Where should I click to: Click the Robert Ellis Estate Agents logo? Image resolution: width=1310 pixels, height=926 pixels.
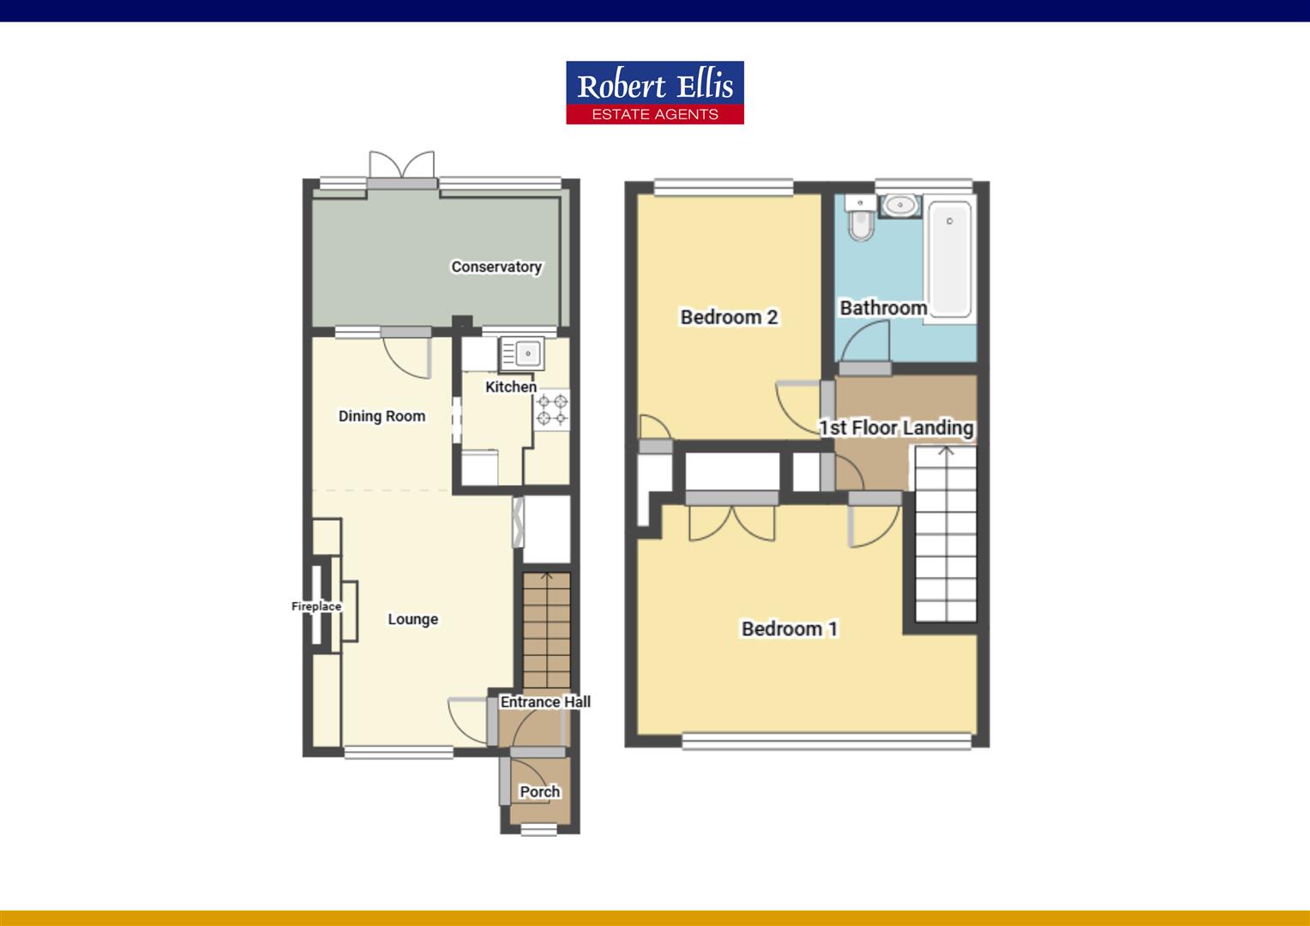tap(654, 93)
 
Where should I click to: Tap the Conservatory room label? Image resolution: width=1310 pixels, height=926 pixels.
tap(496, 267)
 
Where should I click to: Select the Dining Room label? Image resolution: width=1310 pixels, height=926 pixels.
tap(382, 416)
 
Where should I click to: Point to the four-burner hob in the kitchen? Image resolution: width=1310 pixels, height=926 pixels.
tap(552, 409)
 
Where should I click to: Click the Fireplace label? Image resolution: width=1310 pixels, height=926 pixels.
tap(316, 606)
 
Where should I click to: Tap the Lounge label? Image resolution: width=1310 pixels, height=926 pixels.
tap(412, 619)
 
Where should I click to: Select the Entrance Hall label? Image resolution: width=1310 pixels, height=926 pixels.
tap(545, 701)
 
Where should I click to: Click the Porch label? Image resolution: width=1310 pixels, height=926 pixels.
tap(540, 791)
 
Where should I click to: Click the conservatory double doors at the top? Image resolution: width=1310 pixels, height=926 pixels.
tap(401, 166)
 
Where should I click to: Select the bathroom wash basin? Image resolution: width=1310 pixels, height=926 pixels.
tap(900, 206)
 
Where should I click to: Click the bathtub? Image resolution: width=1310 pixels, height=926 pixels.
tap(949, 257)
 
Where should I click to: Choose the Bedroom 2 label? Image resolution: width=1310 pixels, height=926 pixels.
tap(729, 317)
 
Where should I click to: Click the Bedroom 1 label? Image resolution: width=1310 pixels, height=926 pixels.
tap(790, 628)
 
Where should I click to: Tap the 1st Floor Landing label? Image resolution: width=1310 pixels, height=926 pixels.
tap(896, 427)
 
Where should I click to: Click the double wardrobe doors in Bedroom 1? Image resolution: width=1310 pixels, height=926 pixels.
tap(731, 523)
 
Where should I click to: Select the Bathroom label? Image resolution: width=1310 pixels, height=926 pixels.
tap(883, 307)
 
